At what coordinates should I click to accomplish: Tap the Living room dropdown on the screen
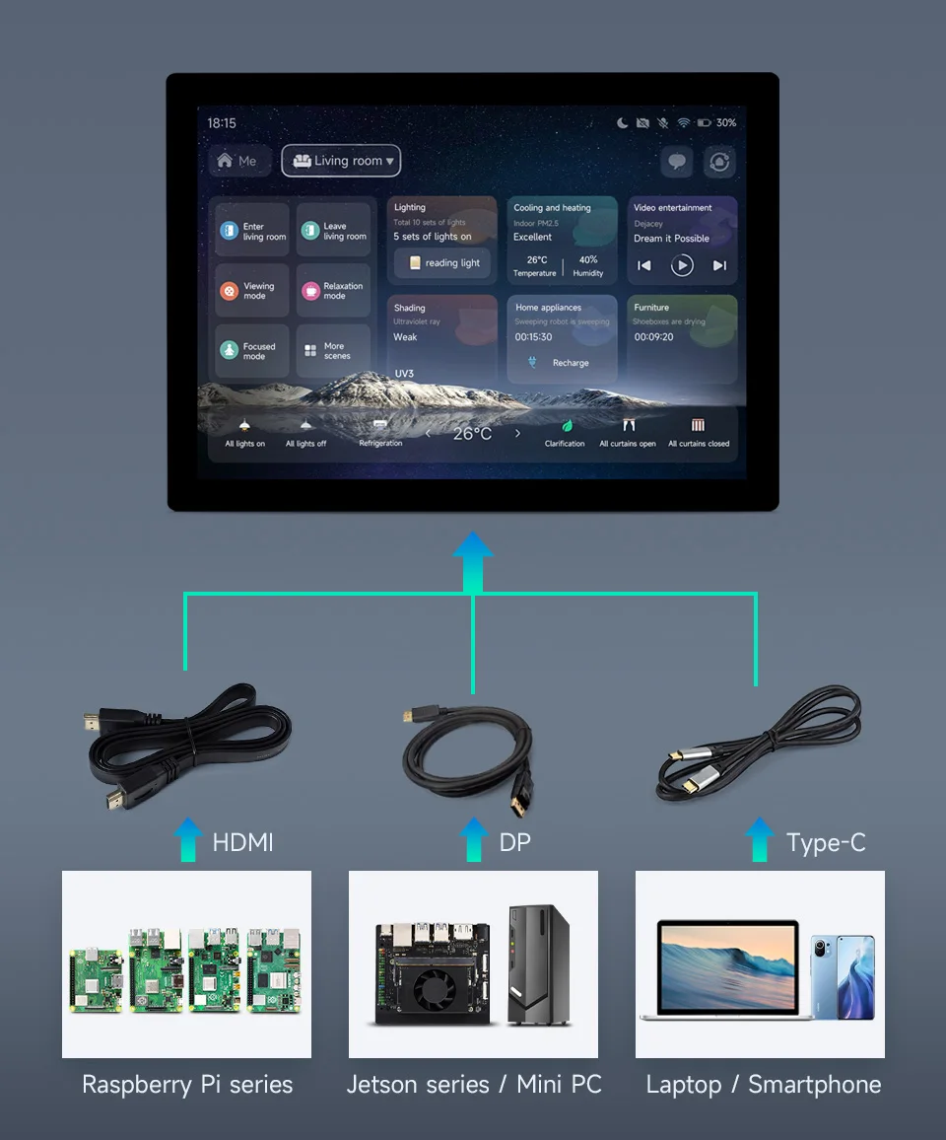341,161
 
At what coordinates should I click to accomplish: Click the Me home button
237,161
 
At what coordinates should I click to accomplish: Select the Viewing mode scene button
251,291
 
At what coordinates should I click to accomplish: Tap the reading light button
442,263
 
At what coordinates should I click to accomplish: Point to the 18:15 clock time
222,123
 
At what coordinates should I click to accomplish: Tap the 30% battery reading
726,123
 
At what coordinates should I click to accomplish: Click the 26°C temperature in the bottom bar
472,434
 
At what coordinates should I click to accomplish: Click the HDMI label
242,842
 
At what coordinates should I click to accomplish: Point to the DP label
514,842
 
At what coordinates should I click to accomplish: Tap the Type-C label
826,842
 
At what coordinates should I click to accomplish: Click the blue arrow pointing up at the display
473,560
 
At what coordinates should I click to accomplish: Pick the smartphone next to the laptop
843,976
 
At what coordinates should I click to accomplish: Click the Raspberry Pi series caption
187,1085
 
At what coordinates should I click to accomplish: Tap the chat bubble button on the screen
677,162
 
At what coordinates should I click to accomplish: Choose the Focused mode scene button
251,351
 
